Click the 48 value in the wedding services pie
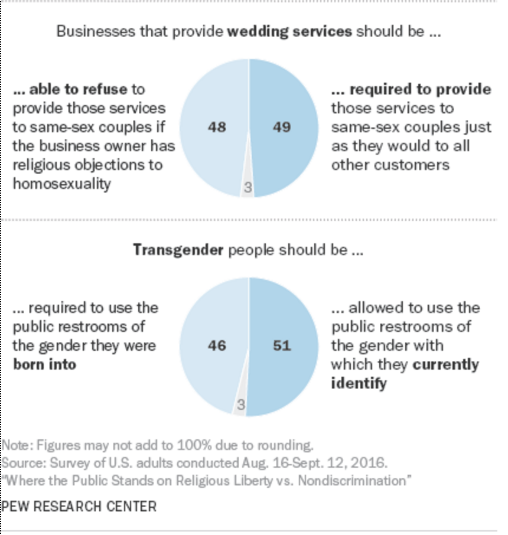(217, 126)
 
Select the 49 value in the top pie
(282, 126)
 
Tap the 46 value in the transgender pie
(217, 345)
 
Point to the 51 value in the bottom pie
(282, 345)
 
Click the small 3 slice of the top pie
(248, 188)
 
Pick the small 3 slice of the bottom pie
(240, 405)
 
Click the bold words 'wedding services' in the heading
(289, 31)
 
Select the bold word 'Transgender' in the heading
(178, 250)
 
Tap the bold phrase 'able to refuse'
(78, 89)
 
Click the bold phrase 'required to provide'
(420, 89)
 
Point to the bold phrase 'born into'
(44, 364)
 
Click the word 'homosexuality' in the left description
(62, 184)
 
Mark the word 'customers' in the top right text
(419, 165)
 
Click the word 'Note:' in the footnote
(16, 444)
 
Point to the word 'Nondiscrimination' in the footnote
(352, 481)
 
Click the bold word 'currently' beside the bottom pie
(445, 364)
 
